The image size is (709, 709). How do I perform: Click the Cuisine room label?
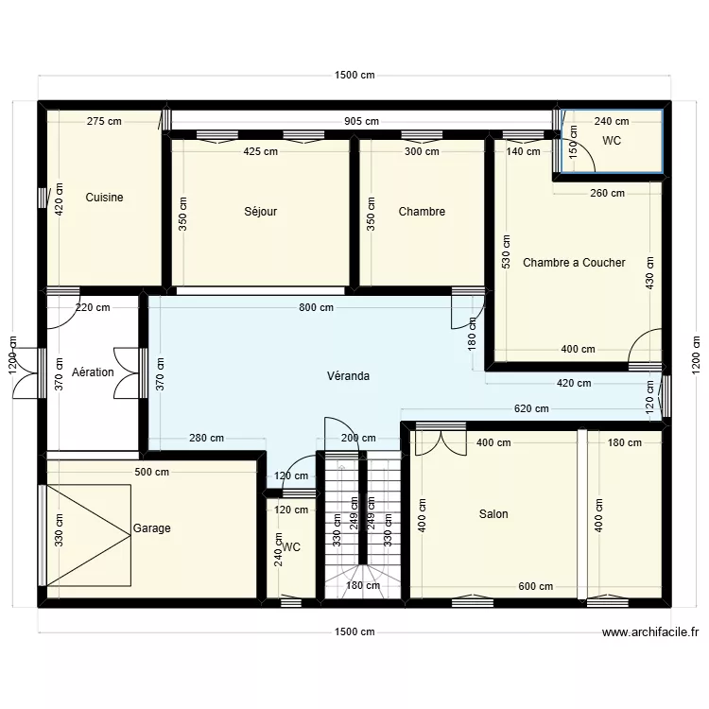(104, 198)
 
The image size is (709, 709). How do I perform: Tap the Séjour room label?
(260, 212)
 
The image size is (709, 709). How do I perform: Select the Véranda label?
(348, 375)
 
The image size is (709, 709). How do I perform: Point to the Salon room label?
(493, 514)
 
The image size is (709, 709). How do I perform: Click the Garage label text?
(152, 528)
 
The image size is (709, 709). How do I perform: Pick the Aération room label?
(93, 372)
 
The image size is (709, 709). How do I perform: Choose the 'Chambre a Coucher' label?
(574, 263)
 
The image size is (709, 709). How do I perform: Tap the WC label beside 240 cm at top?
(612, 141)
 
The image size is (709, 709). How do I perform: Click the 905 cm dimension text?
(361, 121)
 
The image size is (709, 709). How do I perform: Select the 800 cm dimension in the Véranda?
(316, 307)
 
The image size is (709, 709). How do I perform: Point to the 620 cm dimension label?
(530, 409)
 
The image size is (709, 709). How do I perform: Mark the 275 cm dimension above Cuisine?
(104, 121)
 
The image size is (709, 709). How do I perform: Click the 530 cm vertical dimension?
(507, 251)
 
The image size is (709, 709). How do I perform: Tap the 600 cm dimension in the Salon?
(535, 586)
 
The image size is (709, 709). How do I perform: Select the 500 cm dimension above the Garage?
(151, 472)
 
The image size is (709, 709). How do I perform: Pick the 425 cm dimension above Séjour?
(261, 151)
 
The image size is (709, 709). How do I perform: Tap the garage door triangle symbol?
(89, 535)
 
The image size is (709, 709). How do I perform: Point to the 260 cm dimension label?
(606, 194)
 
